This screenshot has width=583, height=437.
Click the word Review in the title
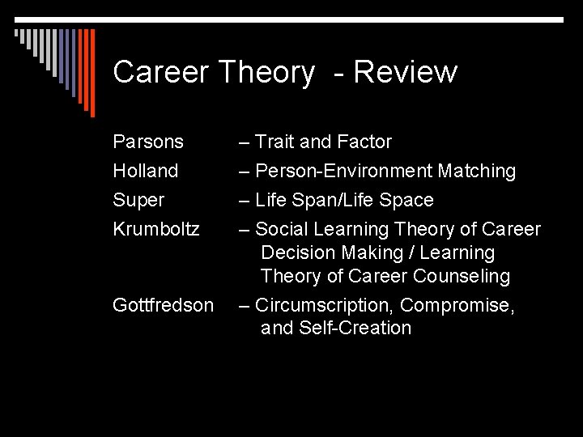tap(405, 73)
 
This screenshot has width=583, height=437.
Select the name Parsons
tap(148, 142)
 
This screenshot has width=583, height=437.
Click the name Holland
tap(146, 171)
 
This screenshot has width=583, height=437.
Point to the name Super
tap(138, 200)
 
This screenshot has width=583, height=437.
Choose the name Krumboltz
tap(156, 229)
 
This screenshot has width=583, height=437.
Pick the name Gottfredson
tap(164, 305)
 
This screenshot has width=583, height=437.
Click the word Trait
tap(274, 142)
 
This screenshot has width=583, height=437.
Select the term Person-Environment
tap(343, 171)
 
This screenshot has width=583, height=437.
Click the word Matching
tap(476, 171)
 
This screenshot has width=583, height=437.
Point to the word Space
tap(406, 200)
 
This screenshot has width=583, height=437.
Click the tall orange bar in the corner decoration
tap(91, 73)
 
